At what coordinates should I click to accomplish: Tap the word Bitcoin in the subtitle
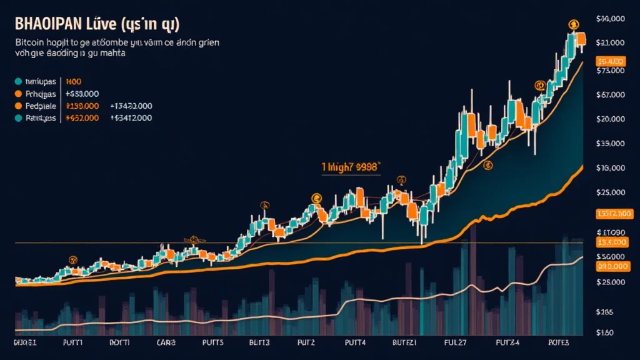tap(28, 44)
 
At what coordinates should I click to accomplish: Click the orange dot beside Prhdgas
tap(18, 94)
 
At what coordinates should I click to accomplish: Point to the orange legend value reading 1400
tap(74, 81)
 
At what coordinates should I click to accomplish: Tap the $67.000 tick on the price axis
tap(611, 95)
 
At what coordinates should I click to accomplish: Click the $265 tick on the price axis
tap(606, 311)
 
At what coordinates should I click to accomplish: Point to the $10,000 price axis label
tap(611, 167)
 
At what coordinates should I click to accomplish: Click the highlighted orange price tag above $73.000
tap(611, 61)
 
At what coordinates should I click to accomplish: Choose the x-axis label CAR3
tap(167, 343)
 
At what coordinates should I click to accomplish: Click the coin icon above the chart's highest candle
tap(572, 24)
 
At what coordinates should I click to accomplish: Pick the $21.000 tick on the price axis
tap(611, 42)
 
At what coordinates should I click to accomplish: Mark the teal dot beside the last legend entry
tap(18, 117)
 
